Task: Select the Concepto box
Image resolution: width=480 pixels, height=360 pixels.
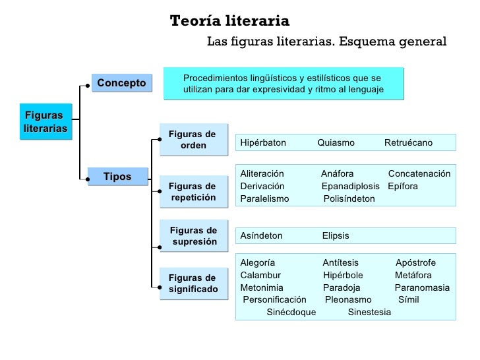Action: tap(121, 83)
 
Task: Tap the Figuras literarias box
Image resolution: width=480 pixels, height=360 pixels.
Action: tap(44, 121)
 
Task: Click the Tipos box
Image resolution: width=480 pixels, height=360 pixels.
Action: tap(117, 177)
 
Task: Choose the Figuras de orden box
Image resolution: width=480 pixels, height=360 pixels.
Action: tap(193, 140)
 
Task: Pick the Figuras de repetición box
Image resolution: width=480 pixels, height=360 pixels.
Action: tap(193, 192)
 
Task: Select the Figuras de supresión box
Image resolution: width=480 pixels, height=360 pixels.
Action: tap(193, 236)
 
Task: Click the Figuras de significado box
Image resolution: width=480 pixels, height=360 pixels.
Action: tap(193, 284)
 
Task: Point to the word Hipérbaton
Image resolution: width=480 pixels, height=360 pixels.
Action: tap(264, 142)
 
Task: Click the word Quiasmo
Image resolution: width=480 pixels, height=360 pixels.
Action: tap(336, 142)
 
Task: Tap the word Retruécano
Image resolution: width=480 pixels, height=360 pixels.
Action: tap(408, 142)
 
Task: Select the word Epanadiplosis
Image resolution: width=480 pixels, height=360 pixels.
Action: tap(351, 186)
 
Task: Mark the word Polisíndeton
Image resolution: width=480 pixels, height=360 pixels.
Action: tap(349, 198)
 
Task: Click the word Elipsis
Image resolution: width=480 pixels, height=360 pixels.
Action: tap(336, 235)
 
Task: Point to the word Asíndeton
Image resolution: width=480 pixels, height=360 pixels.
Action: tap(262, 235)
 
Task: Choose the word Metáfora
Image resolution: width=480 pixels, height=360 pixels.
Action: tap(413, 275)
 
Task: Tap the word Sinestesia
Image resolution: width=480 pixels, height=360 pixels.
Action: tap(369, 312)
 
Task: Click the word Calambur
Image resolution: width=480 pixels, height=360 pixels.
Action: tap(261, 275)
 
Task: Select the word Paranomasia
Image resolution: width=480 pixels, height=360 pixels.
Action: tap(422, 287)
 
